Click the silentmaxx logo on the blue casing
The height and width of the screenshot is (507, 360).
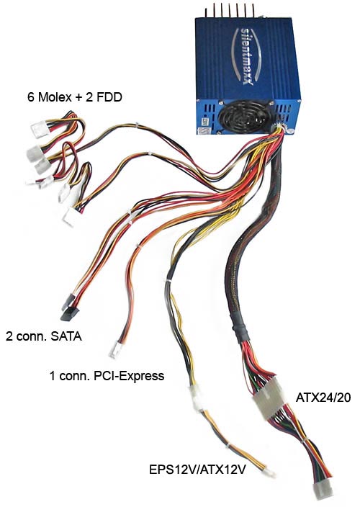(247, 57)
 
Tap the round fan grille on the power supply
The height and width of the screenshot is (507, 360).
(243, 117)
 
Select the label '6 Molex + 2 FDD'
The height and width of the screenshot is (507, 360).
(75, 97)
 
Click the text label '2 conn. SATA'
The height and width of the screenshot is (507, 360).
(44, 336)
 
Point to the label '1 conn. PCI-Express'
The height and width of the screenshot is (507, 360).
(107, 376)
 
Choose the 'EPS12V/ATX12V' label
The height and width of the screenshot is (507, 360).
(197, 469)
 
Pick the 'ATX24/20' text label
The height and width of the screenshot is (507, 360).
(323, 398)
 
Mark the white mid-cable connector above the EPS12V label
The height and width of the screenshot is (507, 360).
(197, 399)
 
